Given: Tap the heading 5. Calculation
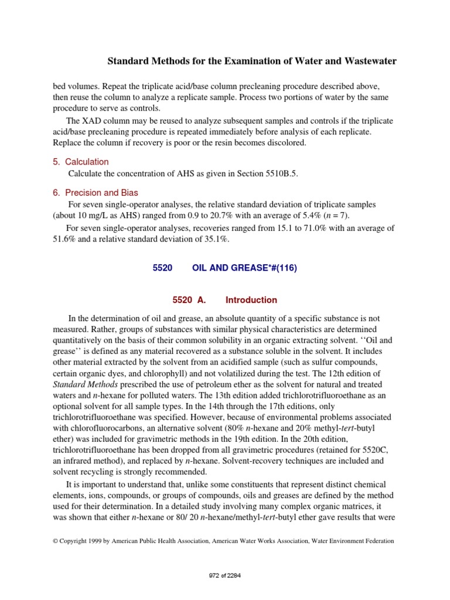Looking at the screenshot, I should [81, 162].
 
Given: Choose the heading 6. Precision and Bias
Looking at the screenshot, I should [96, 192].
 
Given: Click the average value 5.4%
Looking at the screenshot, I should [316, 216].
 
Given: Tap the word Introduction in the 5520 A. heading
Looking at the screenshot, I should [251, 300].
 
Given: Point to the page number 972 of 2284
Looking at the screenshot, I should [225, 575].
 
